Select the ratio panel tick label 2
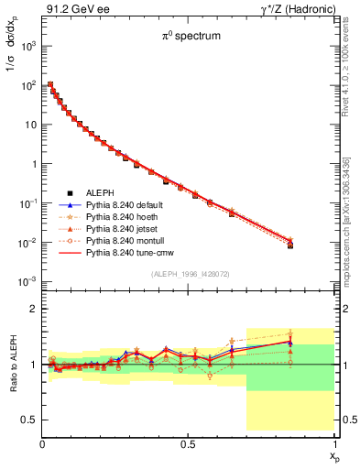point(32,310)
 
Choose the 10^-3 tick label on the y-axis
point(27,281)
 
